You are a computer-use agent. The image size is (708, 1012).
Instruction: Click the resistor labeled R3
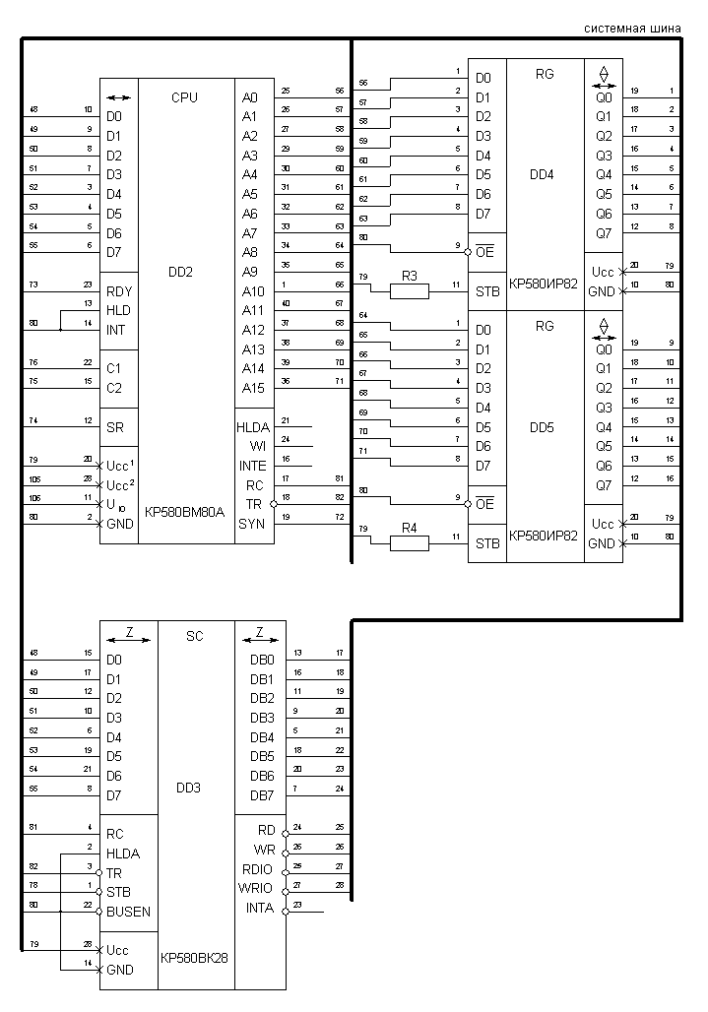[x=409, y=290]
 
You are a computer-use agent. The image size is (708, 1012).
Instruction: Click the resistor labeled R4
[x=409, y=542]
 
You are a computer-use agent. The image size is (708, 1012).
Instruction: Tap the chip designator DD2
[x=185, y=272]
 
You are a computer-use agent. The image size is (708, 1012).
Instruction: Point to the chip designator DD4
[x=543, y=175]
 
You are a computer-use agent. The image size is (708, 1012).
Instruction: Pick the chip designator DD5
[x=543, y=427]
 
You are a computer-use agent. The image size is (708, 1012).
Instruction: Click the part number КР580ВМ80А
[x=185, y=512]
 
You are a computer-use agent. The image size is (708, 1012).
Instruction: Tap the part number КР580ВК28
[x=194, y=956]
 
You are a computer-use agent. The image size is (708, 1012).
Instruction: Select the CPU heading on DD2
[x=184, y=97]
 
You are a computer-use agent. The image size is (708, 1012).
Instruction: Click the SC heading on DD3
[x=194, y=636]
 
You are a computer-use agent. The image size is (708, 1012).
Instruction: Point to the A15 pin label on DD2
[x=253, y=388]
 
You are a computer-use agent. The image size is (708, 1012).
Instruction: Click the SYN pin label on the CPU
[x=252, y=523]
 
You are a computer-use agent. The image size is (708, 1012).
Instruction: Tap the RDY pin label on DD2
[x=119, y=291]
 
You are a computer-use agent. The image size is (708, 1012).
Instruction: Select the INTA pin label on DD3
[x=262, y=908]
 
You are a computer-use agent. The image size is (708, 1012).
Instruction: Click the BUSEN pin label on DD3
[x=129, y=912]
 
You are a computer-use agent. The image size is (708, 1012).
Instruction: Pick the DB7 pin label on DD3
[x=262, y=795]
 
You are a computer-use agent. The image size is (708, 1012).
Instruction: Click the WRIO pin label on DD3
[x=261, y=888]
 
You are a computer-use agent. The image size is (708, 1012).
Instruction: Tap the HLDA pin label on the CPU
[x=254, y=427]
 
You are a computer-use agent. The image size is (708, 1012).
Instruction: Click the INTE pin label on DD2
[x=252, y=466]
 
